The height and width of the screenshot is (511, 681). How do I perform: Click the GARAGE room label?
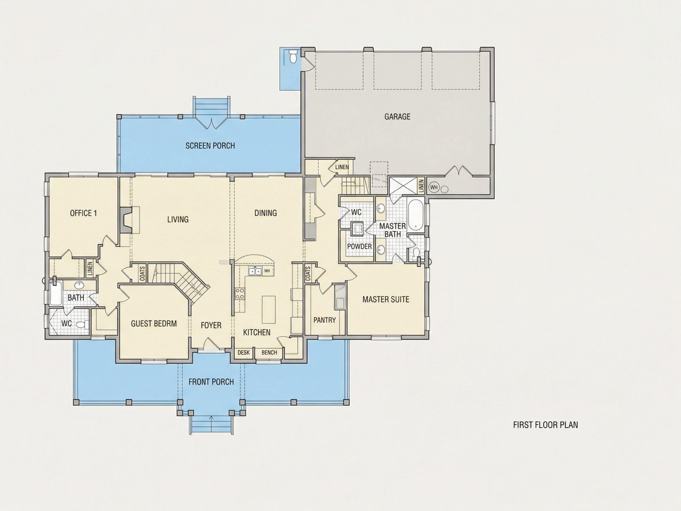[x=397, y=117]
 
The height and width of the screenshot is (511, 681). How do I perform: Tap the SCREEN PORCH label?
[x=210, y=146]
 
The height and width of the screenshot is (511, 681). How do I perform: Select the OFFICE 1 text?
[x=83, y=213]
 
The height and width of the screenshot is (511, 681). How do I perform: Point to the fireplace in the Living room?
[x=126, y=220]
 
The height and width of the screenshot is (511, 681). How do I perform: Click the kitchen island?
[x=269, y=309]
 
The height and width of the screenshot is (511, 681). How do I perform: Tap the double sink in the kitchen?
[x=255, y=271]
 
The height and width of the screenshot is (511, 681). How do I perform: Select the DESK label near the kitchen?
[x=244, y=352]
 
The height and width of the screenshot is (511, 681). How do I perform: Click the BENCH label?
[x=269, y=352]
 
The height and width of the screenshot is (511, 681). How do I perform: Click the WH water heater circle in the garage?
[x=434, y=187]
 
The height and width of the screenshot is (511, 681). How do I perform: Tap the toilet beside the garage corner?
[x=293, y=57]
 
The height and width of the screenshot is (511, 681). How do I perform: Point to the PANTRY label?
[x=325, y=320]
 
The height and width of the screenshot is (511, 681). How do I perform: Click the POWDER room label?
[x=359, y=246]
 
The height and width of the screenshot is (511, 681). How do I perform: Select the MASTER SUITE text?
[x=386, y=299]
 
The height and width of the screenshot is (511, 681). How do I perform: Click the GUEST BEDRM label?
[x=154, y=324]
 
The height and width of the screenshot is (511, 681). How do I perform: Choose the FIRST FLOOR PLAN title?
[x=545, y=425]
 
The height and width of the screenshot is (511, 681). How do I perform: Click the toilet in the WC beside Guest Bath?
[x=82, y=324]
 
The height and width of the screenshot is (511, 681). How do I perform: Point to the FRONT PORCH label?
[x=211, y=382]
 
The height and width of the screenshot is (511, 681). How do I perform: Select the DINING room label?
[x=265, y=213]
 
